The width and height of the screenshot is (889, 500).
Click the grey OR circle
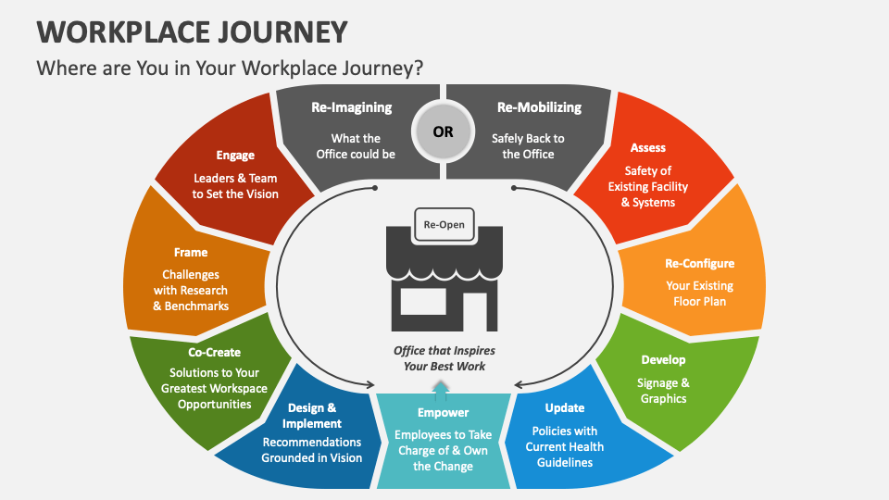(x=444, y=131)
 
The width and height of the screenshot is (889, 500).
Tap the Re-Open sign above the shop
(x=444, y=224)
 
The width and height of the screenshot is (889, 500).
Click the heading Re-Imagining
(x=352, y=107)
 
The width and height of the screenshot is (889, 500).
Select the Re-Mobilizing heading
(x=539, y=107)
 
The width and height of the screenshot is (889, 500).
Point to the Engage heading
(x=235, y=155)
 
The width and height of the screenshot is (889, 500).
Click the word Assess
(x=648, y=147)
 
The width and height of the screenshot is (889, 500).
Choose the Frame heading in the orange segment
(x=191, y=252)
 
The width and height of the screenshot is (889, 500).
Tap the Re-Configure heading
(x=699, y=263)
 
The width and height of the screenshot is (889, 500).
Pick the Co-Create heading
(x=214, y=352)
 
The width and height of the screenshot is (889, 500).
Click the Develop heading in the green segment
(x=663, y=359)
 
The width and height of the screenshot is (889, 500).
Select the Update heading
(x=565, y=407)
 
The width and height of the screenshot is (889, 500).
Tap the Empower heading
(x=444, y=412)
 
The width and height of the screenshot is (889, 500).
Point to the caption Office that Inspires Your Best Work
(x=444, y=358)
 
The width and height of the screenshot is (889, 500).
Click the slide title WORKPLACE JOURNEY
(x=193, y=31)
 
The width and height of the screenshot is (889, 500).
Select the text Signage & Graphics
(x=664, y=391)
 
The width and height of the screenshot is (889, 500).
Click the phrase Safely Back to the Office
(x=528, y=146)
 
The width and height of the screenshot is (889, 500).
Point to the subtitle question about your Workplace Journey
(x=230, y=68)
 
